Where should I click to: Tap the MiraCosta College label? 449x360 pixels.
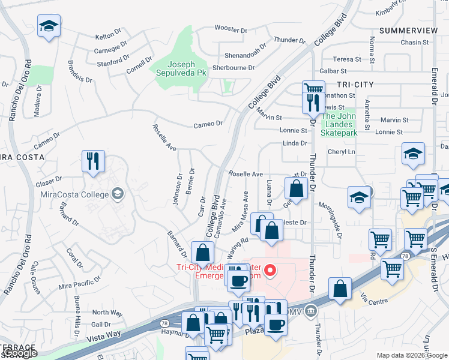coord(76,194)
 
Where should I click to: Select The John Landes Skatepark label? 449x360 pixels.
coord(339,124)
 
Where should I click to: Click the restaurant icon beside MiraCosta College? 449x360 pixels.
coord(93,161)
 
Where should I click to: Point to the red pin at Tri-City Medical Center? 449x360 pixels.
coord(270,271)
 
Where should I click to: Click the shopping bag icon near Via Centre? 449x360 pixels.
coord(340,289)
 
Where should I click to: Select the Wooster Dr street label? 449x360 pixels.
coord(231,29)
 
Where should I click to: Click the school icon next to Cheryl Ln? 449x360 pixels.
coord(413,154)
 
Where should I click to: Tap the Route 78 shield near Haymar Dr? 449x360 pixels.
coord(164,323)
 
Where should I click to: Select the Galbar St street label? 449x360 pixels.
coord(331,71)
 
